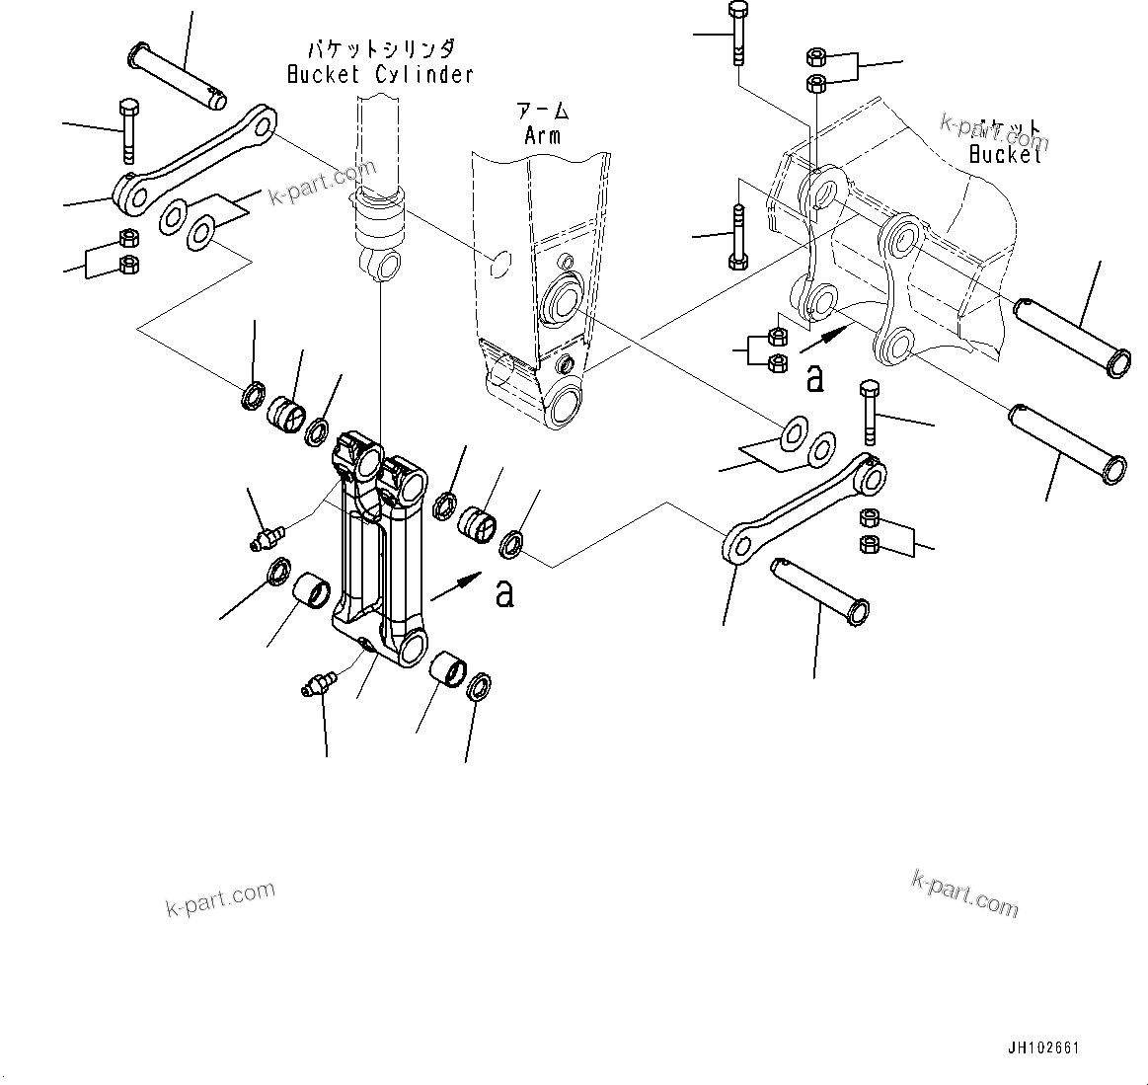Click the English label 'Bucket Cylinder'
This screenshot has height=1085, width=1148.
point(380,74)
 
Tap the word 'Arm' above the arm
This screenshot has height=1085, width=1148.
point(542,135)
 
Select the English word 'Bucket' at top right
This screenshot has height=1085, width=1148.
point(1005,154)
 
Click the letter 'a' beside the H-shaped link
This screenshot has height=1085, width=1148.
point(504,593)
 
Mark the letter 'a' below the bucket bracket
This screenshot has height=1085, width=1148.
point(814,378)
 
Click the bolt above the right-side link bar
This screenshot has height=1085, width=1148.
point(869,414)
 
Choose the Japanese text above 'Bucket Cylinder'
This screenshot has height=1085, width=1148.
point(379,48)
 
